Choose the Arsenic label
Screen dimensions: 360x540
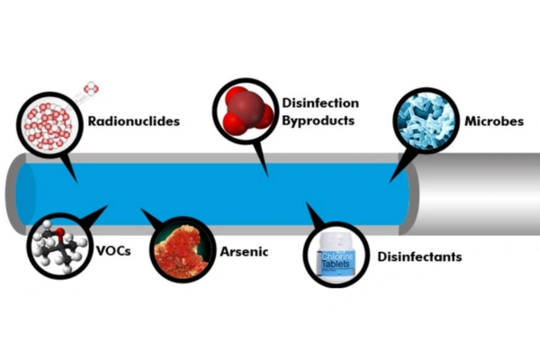(x=244, y=250)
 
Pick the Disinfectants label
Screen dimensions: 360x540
(x=420, y=256)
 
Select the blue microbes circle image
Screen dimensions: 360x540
(x=425, y=119)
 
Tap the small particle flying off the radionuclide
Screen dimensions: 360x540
(x=91, y=89)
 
